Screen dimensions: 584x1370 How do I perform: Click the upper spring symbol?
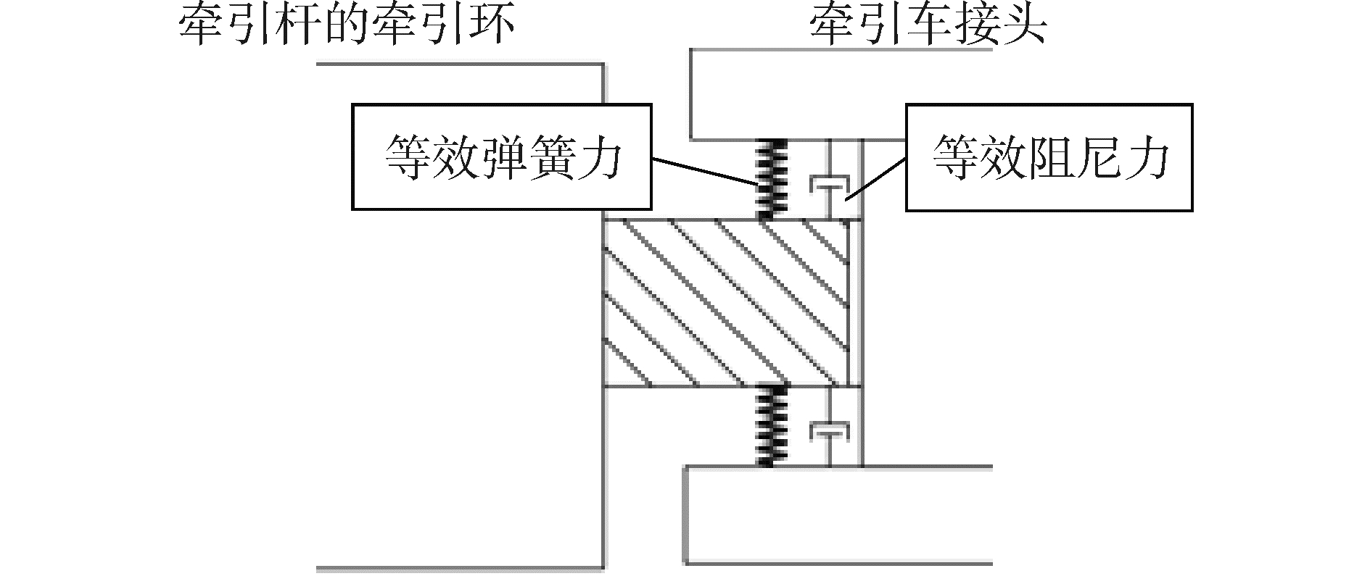[771, 178]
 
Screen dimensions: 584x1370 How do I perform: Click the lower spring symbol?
[771, 426]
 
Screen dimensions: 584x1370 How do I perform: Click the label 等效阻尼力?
[1050, 157]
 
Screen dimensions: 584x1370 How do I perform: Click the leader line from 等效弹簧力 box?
[703, 170]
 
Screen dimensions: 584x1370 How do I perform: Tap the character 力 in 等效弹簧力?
[600, 158]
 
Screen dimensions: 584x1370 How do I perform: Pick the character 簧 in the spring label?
[551, 158]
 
